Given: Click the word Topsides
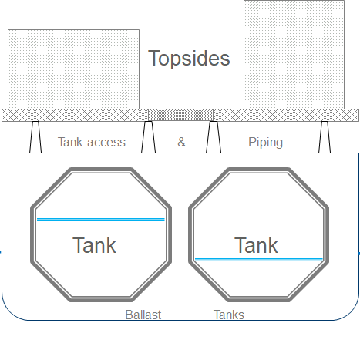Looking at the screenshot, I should pos(189,59).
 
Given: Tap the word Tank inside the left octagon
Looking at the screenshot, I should pos(94,245).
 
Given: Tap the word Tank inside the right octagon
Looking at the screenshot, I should pos(256,245).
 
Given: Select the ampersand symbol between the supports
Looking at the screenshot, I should pos(181,142).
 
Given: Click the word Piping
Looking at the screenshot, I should pos(265,142).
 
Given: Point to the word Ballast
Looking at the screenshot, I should pos(143,315).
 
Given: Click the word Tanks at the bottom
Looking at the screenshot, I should pos(229,315).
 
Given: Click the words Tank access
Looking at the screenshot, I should pos(92,142).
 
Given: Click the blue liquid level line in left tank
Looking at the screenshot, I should pos(100,220).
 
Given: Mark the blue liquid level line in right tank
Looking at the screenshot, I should pos(258,260).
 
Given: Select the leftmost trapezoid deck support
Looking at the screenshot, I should pos(35,136).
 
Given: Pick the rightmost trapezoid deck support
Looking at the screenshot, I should pos(325,136).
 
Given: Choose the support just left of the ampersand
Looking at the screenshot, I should pos(148,136).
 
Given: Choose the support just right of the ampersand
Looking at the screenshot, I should pos(214,136).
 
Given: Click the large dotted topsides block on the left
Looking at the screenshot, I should pos(73,69).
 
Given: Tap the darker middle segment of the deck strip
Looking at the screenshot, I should pos(180,115).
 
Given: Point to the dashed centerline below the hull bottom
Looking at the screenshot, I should pos(180,339).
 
